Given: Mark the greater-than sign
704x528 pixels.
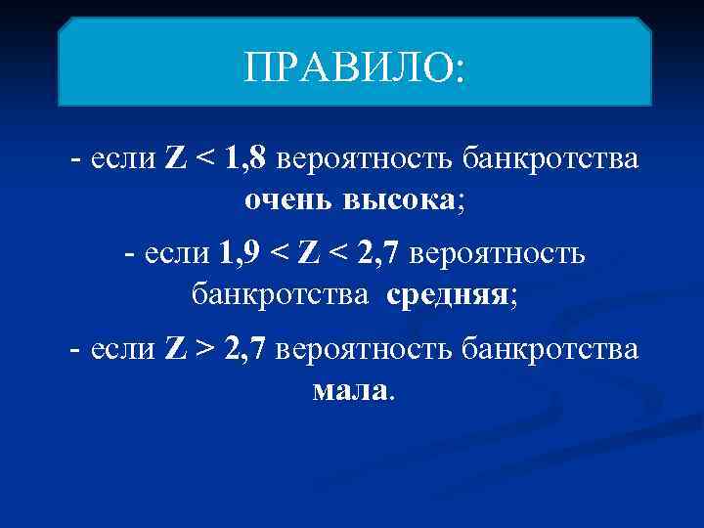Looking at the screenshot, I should [x=208, y=350].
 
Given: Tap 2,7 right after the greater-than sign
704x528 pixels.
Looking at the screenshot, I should [x=245, y=350].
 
